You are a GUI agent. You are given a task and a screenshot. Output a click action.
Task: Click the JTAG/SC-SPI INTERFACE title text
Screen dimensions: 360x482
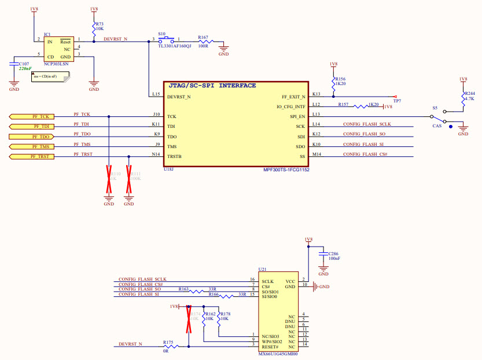[x=212, y=86]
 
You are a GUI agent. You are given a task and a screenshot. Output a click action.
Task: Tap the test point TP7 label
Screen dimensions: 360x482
[x=397, y=101]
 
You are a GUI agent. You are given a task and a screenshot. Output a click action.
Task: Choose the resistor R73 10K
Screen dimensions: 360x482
[x=94, y=27]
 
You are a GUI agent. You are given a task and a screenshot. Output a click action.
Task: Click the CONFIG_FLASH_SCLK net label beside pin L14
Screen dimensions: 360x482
[x=367, y=124]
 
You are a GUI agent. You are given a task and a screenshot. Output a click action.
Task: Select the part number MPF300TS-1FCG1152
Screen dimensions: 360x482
[x=286, y=170]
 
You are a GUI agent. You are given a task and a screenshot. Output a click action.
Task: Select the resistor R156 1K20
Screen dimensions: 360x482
[x=333, y=82]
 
